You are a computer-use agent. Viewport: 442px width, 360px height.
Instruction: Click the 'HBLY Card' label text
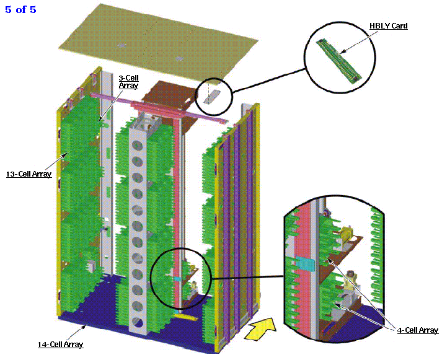point(389,26)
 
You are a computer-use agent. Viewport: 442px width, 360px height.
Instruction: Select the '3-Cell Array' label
point(128,81)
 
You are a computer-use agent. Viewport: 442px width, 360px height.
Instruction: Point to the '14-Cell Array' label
point(61,344)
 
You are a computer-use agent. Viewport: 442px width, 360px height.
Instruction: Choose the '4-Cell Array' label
point(417,330)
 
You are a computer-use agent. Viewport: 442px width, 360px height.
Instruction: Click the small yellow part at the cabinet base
point(183,317)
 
